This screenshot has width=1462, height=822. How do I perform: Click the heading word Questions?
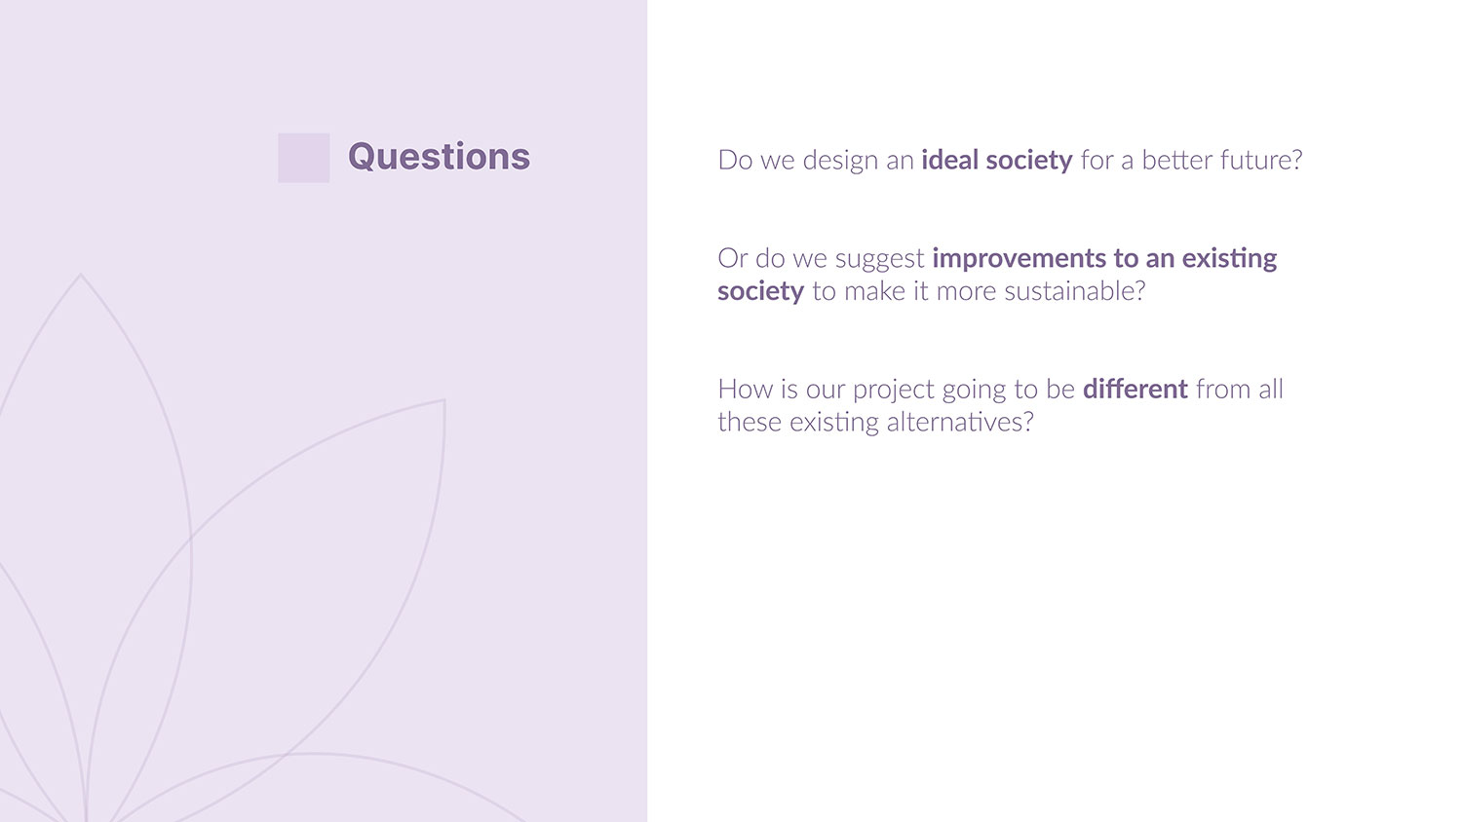(x=439, y=157)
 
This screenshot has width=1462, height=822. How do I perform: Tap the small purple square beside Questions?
(x=303, y=158)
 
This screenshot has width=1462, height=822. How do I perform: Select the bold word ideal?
(x=949, y=160)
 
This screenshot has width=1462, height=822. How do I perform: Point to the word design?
(x=840, y=161)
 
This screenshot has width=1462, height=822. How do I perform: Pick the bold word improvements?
(x=1019, y=259)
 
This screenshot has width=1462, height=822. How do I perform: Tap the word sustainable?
(x=1074, y=291)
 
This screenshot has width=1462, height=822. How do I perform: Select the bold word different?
(x=1135, y=389)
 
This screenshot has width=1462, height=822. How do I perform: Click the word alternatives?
(x=960, y=422)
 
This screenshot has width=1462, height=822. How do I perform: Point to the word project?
(x=894, y=391)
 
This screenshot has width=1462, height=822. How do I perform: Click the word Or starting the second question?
(x=732, y=258)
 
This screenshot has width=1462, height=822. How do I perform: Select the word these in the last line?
(x=750, y=422)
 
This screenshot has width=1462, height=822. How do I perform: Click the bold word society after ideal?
(x=1028, y=161)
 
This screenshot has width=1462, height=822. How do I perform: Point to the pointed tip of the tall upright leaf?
(x=80, y=274)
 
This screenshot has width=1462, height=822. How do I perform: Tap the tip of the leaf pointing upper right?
(x=444, y=400)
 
